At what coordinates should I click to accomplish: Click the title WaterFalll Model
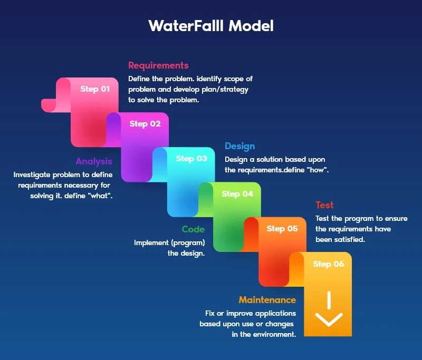click(211, 26)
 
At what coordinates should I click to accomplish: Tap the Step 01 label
click(95, 89)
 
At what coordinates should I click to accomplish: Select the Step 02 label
click(145, 124)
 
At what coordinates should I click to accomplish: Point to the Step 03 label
click(191, 159)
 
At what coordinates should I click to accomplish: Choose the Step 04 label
click(237, 194)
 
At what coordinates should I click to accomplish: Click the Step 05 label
click(282, 229)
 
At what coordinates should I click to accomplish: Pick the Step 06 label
click(328, 264)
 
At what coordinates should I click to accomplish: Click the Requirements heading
click(158, 65)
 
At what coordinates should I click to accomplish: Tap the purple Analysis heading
click(94, 161)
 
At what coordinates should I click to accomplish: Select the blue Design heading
click(239, 146)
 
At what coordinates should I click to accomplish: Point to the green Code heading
click(193, 229)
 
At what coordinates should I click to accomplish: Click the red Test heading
click(324, 205)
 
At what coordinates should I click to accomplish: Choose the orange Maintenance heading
click(267, 300)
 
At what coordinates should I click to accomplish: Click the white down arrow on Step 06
click(329, 312)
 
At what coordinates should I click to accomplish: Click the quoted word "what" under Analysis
click(100, 196)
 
